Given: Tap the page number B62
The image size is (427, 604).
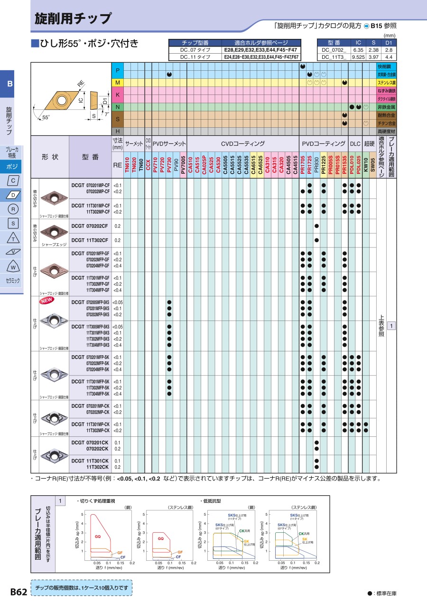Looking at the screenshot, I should [x=19, y=592].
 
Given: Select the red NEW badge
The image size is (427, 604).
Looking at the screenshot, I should [x=46, y=300].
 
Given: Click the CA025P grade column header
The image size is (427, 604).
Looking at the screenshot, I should [x=204, y=167].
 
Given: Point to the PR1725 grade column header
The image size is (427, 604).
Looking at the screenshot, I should [x=309, y=167].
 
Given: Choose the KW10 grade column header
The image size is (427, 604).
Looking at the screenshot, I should [x=366, y=167].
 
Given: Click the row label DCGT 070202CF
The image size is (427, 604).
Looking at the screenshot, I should [x=90, y=226].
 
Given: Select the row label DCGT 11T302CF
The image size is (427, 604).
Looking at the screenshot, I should [x=90, y=240].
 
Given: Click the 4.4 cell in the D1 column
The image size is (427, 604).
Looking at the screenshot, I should [x=389, y=57].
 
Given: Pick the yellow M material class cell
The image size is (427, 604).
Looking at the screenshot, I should [x=118, y=83].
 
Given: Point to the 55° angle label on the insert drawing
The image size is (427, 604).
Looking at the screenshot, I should [x=46, y=117].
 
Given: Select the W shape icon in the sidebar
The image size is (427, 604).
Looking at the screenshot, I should [x=13, y=266].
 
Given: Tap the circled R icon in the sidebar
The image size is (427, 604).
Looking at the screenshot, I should [x=13, y=209].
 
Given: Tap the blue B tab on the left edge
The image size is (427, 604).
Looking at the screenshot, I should [x=10, y=85].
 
